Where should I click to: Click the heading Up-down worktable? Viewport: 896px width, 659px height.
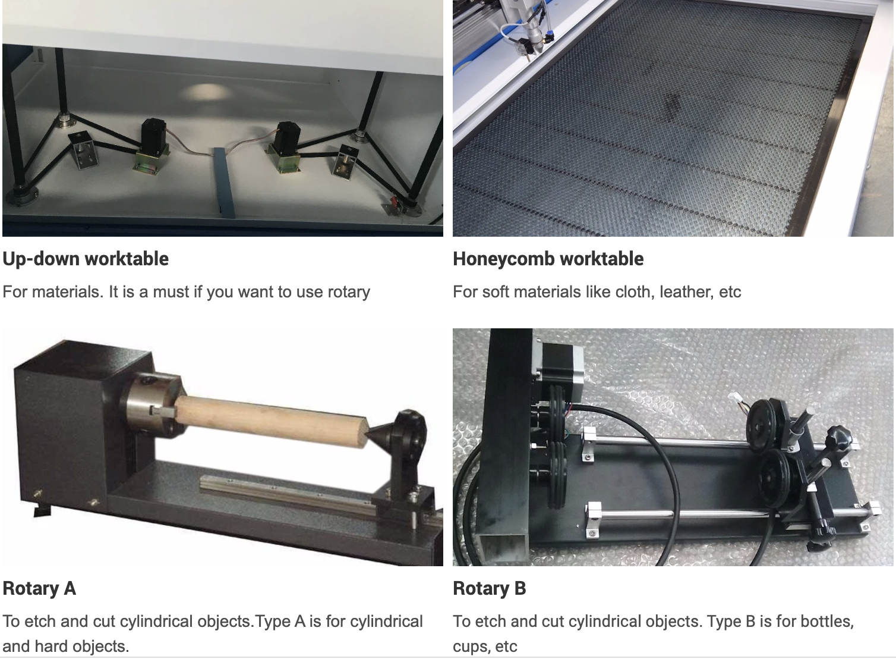coord(86,259)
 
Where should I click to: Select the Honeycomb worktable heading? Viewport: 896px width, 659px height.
coord(548,259)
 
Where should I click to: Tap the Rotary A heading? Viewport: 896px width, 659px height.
coord(39,588)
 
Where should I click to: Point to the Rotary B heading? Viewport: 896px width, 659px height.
coord(489,588)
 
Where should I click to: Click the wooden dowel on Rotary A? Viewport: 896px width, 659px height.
coord(270,420)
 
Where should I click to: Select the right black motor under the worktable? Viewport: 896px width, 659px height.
coord(287,138)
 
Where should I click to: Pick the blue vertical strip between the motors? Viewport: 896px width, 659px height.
coord(222,178)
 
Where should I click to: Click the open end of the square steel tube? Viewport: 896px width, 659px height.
coord(506,547)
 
